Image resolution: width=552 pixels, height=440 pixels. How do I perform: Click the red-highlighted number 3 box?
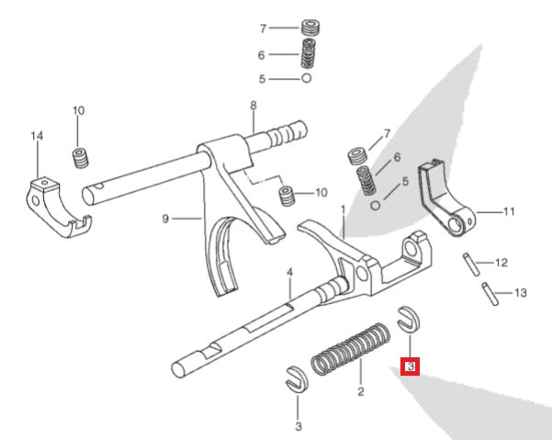[411, 367]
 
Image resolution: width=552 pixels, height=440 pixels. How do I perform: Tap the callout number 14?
[37, 136]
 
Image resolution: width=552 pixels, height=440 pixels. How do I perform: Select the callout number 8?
[253, 105]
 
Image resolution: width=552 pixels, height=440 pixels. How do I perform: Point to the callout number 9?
[165, 219]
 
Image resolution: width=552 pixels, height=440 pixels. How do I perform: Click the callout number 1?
[343, 209]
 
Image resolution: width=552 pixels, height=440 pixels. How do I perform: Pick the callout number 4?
[288, 273]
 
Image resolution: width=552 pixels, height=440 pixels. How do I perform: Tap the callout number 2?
[361, 392]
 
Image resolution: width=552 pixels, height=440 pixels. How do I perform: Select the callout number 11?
[509, 211]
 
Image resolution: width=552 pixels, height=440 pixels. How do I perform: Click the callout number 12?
[501, 264]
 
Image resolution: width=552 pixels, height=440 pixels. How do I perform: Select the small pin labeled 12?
[469, 261]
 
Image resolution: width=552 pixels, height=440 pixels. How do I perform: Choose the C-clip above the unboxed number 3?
[296, 377]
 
